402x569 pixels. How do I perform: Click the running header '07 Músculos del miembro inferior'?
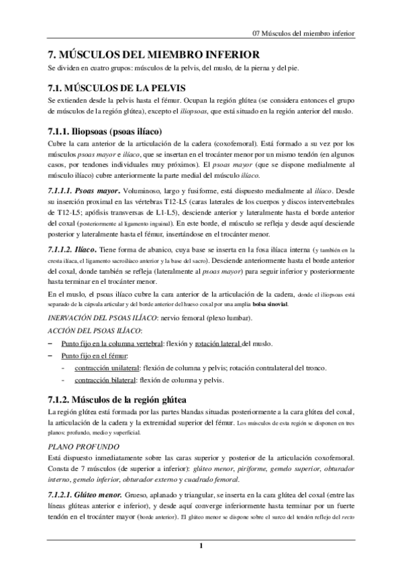(303, 32)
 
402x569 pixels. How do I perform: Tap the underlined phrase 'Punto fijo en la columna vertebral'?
(112, 343)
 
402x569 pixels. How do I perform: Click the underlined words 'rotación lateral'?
(215, 343)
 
